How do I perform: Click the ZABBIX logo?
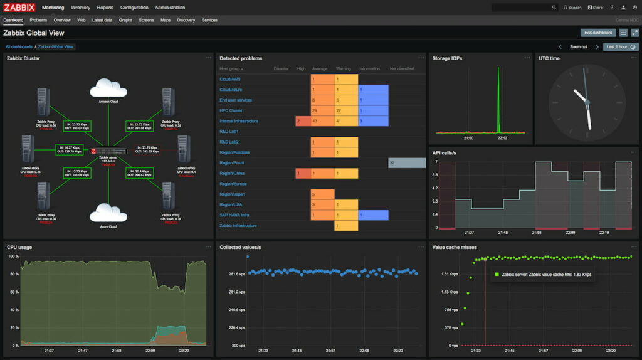19,8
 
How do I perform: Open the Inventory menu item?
80,8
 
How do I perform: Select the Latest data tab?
102,20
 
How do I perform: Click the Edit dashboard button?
597,33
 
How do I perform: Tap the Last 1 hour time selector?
620,46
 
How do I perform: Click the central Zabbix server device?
108,152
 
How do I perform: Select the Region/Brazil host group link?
231,162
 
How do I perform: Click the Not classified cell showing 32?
407,162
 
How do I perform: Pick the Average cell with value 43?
322,120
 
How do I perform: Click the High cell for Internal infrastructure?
302,120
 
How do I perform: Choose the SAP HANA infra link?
234,215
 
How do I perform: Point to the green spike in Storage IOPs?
498,100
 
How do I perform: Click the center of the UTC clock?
587,102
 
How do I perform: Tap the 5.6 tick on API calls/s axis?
435,175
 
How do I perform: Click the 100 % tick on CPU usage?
13,256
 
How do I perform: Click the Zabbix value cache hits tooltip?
543,274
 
